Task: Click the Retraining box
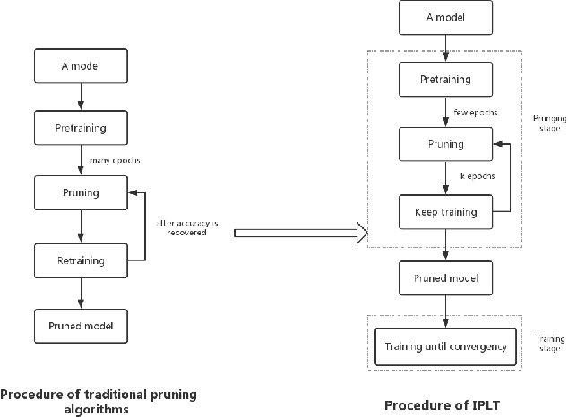click(x=81, y=261)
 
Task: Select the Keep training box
click(x=444, y=212)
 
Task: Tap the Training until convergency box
click(x=445, y=346)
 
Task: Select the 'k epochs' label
click(x=476, y=177)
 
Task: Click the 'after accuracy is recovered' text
click(x=187, y=226)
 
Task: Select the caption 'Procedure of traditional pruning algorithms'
click(x=98, y=401)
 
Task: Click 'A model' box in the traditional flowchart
click(x=81, y=65)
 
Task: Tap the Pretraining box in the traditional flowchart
click(x=81, y=128)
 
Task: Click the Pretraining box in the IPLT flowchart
click(x=445, y=79)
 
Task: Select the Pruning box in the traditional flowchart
click(x=81, y=191)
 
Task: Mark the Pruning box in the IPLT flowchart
click(x=445, y=143)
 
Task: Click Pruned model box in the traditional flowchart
click(x=81, y=324)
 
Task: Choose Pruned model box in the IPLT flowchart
click(x=445, y=277)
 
